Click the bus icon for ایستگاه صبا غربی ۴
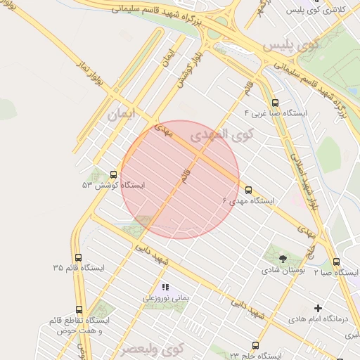tap(274, 102)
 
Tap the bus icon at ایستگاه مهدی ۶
tap(248, 189)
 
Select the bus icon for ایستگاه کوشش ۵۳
tap(114, 174)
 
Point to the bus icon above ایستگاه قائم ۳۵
tap(78, 257)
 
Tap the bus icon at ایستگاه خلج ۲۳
tap(255, 345)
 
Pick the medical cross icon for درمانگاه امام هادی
tap(319, 308)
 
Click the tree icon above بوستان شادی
tap(283, 259)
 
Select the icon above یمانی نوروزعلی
tap(166, 287)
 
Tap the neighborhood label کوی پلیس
tap(290, 46)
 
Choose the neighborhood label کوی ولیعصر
tap(151, 349)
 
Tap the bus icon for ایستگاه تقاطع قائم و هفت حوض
tap(79, 309)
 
